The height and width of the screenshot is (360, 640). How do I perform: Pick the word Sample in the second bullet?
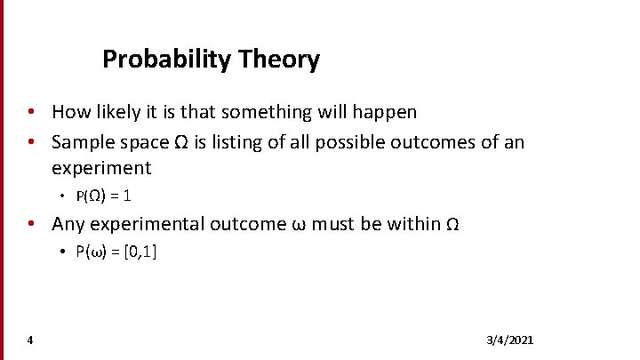click(x=82, y=142)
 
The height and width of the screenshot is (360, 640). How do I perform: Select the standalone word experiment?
click(x=101, y=168)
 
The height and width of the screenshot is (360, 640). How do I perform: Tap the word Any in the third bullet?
click(x=68, y=223)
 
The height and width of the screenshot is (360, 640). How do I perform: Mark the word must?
click(x=337, y=223)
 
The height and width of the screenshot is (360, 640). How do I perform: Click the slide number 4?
click(x=30, y=340)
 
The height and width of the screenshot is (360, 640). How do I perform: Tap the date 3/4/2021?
click(x=510, y=340)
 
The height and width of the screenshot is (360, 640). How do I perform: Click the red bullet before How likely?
click(x=30, y=112)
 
